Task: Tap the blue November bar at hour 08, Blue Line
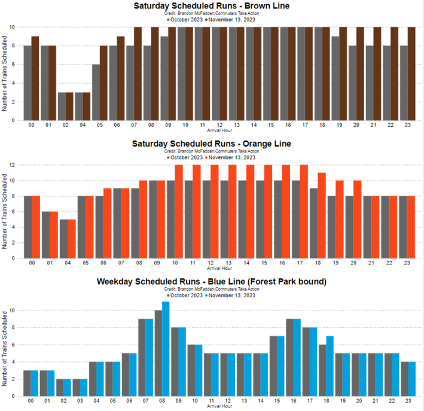[x=166, y=349]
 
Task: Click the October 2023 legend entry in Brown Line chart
[x=187, y=19]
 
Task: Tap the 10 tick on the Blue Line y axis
[x=16, y=310]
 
